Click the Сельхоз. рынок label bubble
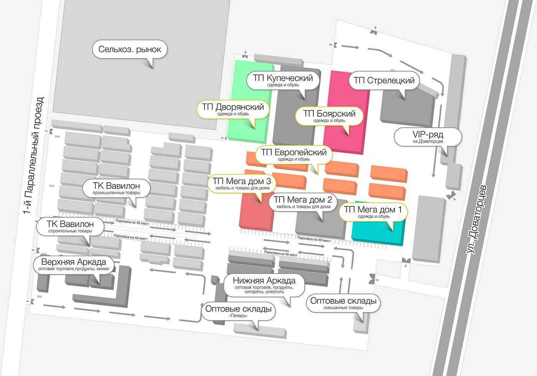coord(130,49)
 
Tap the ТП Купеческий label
coord(283,80)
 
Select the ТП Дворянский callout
coord(233,109)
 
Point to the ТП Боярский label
coord(329,116)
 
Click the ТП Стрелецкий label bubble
coord(384,80)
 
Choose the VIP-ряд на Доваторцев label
coord(428,137)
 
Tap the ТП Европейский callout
coord(294,155)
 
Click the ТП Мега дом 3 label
coord(242,184)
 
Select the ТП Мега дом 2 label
coord(303,202)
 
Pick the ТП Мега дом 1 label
coord(373,212)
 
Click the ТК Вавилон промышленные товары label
coord(116,188)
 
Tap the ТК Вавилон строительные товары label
coord(70,227)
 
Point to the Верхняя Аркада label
coord(74,264)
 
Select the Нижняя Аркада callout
coord(264,285)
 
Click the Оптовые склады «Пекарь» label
coord(238,311)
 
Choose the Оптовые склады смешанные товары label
coord(343,303)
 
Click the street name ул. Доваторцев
coord(476,219)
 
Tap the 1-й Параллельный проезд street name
coord(34,155)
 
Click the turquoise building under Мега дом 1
coord(378,232)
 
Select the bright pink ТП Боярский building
coord(346,112)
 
